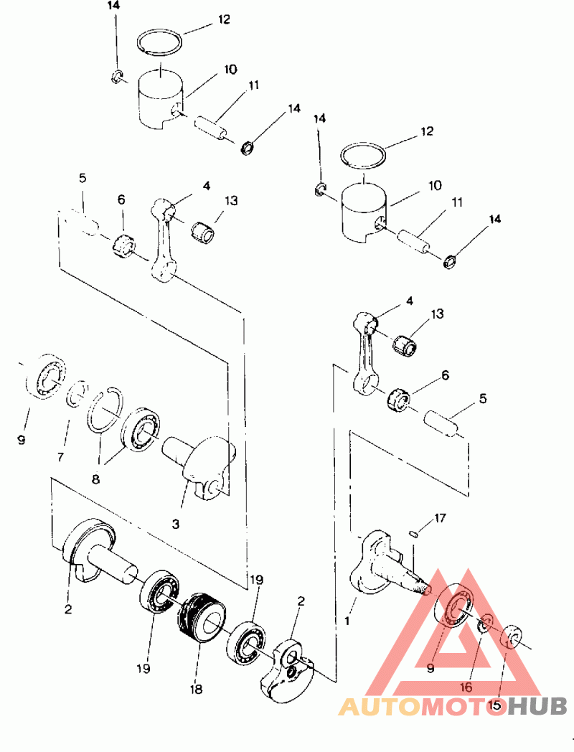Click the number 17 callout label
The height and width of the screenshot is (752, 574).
click(440, 518)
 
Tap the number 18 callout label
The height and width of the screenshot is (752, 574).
click(196, 689)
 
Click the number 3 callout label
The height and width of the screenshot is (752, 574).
click(176, 525)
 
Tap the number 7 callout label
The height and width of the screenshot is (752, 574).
click(60, 457)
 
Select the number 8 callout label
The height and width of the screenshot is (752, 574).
click(96, 479)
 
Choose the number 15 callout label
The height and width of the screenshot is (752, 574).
click(495, 705)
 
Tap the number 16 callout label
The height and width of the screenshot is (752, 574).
click(466, 687)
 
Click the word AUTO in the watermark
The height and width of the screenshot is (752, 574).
click(380, 707)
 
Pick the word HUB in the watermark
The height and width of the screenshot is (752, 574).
click(537, 707)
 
